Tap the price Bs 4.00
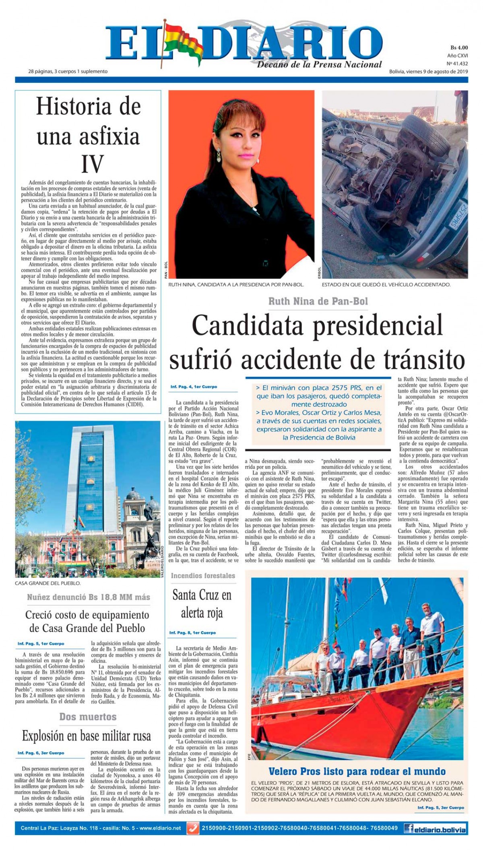[458, 47]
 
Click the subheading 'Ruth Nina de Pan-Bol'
[318, 301]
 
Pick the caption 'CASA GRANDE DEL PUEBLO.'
[47, 583]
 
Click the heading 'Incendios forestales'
[203, 576]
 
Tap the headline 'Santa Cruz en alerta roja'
[202, 604]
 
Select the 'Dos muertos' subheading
[88, 716]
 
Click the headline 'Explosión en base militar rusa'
[87, 736]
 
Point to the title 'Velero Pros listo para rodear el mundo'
[357, 771]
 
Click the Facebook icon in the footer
[410, 828]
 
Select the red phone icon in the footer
[194, 828]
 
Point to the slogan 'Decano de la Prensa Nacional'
[319, 64]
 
